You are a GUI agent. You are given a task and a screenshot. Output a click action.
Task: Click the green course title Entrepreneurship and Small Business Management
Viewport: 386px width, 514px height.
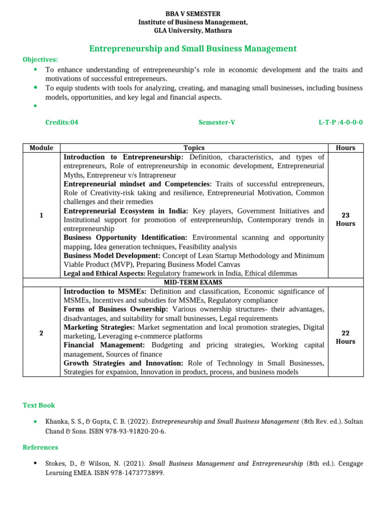click(193, 49)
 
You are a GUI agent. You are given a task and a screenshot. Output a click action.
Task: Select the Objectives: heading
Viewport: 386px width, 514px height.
click(40, 60)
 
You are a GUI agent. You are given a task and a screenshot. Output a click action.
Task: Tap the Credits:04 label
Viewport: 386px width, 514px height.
click(62, 122)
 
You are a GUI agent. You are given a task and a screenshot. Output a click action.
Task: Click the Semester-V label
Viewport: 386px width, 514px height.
click(217, 122)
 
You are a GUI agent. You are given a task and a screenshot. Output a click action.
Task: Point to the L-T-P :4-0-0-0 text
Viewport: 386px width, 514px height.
click(340, 122)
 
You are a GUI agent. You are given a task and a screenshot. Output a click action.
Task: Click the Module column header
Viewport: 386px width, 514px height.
click(41, 148)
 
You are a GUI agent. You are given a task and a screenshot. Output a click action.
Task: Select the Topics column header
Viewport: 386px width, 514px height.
click(194, 148)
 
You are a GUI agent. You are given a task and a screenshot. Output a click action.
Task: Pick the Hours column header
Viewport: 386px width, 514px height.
click(345, 148)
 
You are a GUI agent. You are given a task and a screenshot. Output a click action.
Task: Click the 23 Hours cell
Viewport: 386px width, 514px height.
click(345, 219)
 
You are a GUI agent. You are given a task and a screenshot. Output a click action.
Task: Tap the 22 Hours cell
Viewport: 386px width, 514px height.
click(345, 337)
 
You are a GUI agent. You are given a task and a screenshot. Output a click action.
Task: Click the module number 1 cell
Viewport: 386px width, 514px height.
click(41, 215)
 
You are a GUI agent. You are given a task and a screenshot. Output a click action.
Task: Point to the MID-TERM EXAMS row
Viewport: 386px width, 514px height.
click(194, 282)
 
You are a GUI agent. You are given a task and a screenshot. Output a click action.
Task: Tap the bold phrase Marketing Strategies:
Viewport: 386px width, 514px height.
click(99, 327)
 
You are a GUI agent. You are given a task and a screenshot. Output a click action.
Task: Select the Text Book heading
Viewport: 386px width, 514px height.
click(39, 405)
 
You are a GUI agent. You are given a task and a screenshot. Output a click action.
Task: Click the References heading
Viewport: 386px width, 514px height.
click(40, 447)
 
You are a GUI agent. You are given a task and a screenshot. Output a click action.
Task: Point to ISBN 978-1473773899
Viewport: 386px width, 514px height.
click(134, 473)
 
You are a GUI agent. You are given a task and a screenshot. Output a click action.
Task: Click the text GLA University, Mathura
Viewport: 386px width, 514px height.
click(193, 31)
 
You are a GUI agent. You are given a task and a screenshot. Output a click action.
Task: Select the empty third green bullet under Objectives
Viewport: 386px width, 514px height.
click(35, 106)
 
